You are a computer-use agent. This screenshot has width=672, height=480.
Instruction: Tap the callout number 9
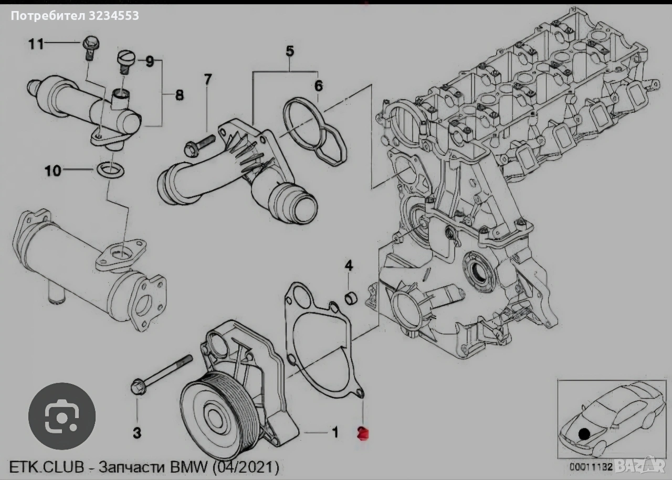[x=150, y=62]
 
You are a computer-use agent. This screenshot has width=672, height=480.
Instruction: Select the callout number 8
[x=179, y=95]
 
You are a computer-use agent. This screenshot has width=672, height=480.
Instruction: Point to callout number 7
[x=207, y=80]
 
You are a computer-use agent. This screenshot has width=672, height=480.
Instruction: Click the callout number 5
[x=290, y=51]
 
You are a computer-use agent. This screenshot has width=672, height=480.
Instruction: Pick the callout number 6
[x=319, y=86]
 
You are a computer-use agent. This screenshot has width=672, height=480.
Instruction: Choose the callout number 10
[x=53, y=170]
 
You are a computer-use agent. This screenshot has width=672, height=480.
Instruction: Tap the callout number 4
[x=349, y=265]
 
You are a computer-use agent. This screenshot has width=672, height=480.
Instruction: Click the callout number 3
[x=136, y=433]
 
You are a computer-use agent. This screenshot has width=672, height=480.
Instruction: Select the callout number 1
[x=334, y=432]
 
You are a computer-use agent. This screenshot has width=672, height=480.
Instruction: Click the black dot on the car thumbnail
[x=584, y=434]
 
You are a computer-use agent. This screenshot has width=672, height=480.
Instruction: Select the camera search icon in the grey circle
[x=61, y=416]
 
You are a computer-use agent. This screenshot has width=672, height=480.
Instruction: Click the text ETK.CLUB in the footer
[x=43, y=466]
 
